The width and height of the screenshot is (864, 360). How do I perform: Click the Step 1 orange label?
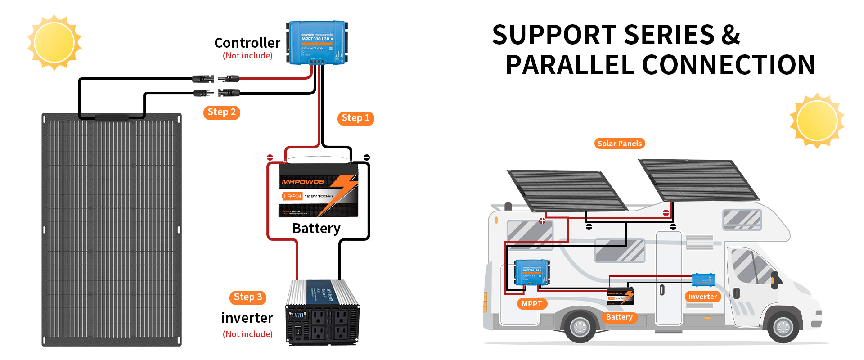coord(355,118)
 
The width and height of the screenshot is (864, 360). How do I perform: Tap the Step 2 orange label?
coord(221,112)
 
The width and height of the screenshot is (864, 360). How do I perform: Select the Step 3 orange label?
coord(247,297)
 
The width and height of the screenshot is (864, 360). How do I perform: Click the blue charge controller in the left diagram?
coord(317,42)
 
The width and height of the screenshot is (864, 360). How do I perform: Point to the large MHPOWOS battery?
coord(318,191)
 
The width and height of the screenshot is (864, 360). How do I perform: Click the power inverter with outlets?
coord(322,313)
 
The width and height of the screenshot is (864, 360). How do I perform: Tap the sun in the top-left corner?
coord(54,43)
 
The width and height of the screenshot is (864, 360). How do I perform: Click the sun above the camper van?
coord(817,121)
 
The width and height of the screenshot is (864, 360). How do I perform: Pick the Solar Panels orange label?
coord(620,144)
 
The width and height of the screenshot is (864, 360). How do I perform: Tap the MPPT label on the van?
coord(531,304)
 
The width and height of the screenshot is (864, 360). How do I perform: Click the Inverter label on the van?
coord(702,297)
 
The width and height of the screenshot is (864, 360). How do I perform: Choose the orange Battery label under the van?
coord(619,317)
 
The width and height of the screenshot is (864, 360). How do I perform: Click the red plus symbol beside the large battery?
coord(270,157)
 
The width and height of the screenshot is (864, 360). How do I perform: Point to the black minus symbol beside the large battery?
coord(367,157)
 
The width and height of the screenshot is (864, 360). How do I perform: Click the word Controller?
coord(247,43)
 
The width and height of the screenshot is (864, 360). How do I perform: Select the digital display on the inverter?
coord(297,315)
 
